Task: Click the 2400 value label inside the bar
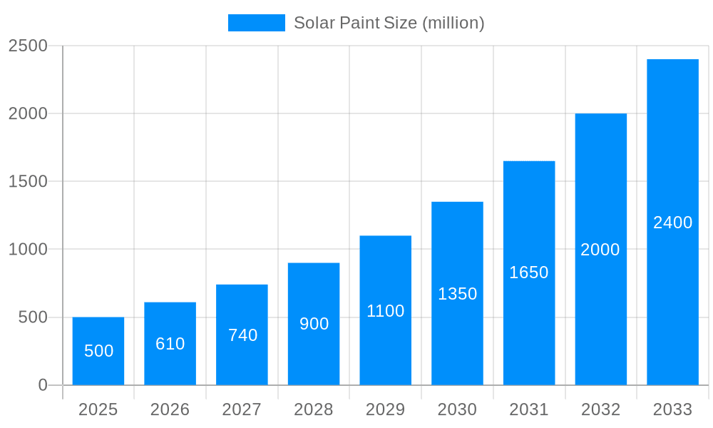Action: pyautogui.click(x=672, y=223)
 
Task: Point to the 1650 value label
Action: pyautogui.click(x=529, y=272)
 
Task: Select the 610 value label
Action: pyautogui.click(x=170, y=344)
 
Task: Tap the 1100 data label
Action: pyautogui.click(x=385, y=311)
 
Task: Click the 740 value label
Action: pyautogui.click(x=242, y=335)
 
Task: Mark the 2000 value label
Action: pyautogui.click(x=600, y=250)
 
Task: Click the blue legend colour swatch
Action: pyautogui.click(x=256, y=23)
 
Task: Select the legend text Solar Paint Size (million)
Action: pyautogui.click(x=389, y=23)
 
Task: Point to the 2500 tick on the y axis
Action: pyautogui.click(x=28, y=46)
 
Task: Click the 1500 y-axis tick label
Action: pyautogui.click(x=28, y=181)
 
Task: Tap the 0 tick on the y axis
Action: pyautogui.click(x=42, y=385)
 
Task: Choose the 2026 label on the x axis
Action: pyautogui.click(x=170, y=409)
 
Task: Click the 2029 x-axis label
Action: pyautogui.click(x=385, y=409)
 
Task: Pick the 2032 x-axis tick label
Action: pyautogui.click(x=600, y=409)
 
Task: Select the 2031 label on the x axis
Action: pyautogui.click(x=529, y=409)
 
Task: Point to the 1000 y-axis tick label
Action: pyautogui.click(x=28, y=249)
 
